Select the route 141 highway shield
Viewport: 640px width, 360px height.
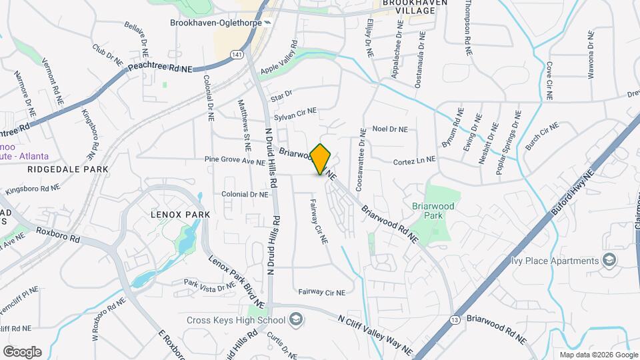click(x=237, y=53)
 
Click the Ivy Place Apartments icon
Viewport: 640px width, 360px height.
click(x=609, y=261)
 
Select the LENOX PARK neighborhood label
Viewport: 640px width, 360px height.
click(x=180, y=215)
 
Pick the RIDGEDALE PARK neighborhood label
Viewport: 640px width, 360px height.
click(x=68, y=169)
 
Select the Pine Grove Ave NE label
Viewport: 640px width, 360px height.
click(x=235, y=160)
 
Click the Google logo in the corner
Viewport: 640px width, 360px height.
click(x=22, y=351)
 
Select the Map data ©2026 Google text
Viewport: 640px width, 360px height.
click(x=598, y=355)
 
